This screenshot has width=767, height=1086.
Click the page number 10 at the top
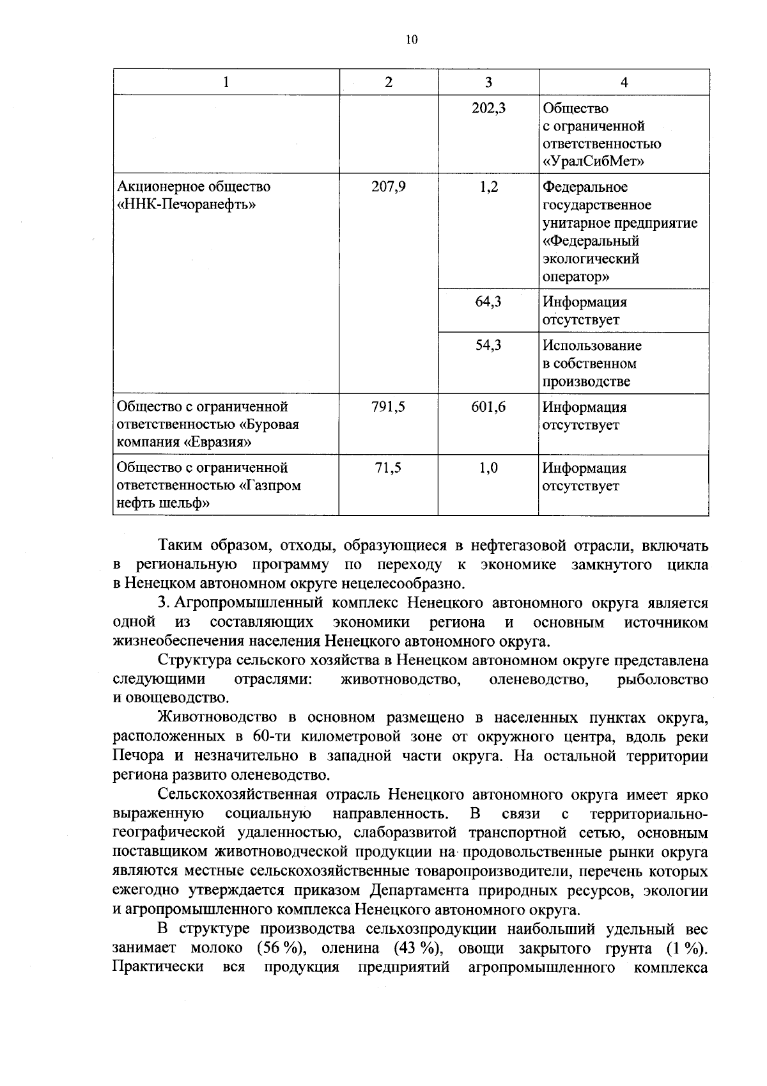pos(411,40)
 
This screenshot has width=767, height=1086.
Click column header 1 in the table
pos(226,83)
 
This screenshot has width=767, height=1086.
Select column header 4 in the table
pos(624,83)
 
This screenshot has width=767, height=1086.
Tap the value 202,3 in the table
pos(488,109)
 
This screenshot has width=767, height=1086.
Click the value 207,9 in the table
pos(388,187)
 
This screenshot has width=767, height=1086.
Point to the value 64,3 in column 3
pos(488,302)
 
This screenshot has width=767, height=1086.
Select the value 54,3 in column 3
pos(488,346)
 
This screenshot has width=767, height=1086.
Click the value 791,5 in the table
pos(388,407)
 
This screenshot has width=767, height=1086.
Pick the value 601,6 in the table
pos(488,407)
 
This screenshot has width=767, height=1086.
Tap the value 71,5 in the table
pos(388,468)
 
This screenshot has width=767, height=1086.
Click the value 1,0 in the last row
pos(488,468)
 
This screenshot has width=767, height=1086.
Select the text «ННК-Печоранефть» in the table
pos(186,205)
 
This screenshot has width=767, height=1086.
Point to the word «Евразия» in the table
pos(217,443)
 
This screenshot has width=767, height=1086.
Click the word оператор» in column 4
pos(576,277)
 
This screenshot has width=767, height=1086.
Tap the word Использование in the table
pos(592,346)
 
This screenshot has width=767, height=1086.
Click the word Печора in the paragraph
pos(137,756)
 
